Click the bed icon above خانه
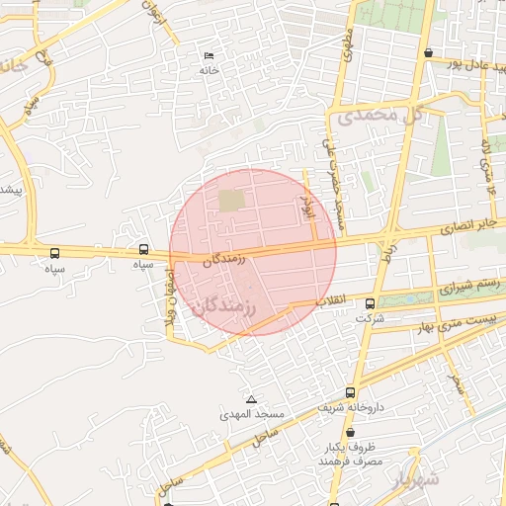click(x=208, y=55)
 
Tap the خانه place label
click(x=208, y=70)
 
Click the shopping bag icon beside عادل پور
click(x=427, y=53)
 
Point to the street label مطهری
click(x=348, y=45)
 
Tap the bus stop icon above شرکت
click(x=370, y=303)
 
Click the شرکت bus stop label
click(x=370, y=319)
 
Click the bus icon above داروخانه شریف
click(x=351, y=391)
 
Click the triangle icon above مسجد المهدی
click(x=252, y=399)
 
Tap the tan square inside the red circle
click(x=230, y=200)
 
